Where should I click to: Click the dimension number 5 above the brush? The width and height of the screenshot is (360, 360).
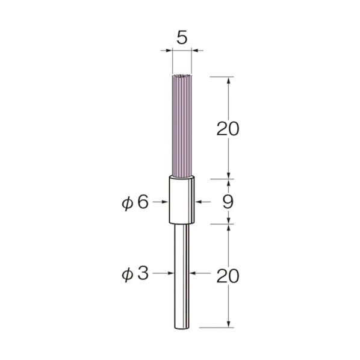click(182, 38)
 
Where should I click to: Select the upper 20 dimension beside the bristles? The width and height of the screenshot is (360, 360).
click(228, 129)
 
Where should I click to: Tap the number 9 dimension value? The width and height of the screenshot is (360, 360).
click(228, 202)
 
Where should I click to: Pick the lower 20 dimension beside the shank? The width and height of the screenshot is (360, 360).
click(228, 276)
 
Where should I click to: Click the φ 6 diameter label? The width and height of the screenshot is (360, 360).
click(135, 203)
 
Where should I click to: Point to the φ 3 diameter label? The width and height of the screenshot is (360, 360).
click(135, 274)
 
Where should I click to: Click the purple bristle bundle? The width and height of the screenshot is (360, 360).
click(182, 126)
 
